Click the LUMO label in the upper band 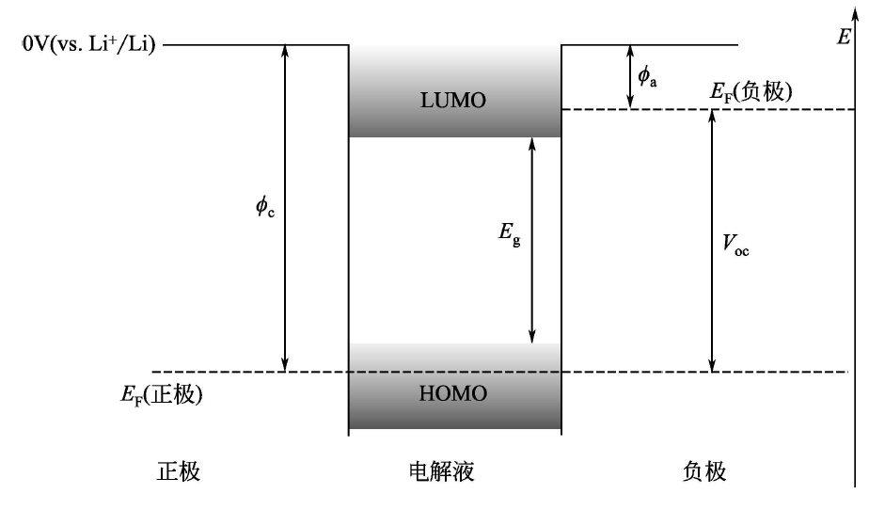click(454, 102)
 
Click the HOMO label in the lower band click(454, 394)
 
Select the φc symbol click(267, 208)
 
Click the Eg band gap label click(508, 238)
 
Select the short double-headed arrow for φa click(629, 76)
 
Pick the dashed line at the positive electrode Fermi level click(245, 372)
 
